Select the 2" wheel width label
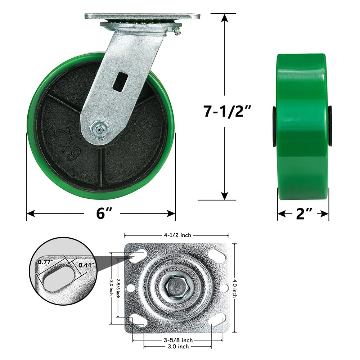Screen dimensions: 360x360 [x=303, y=214]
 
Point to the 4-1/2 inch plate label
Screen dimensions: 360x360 [x=177, y=235]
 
